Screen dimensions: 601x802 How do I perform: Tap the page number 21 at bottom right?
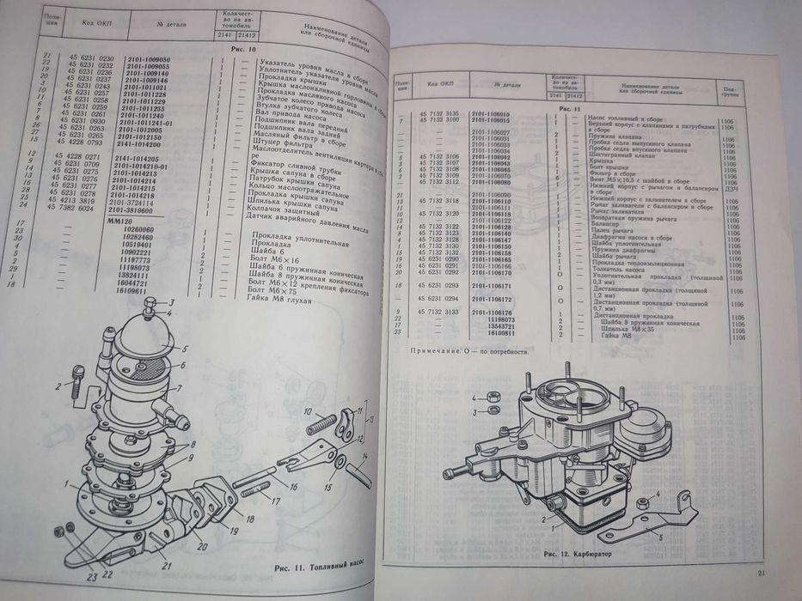pyautogui.click(x=761, y=574)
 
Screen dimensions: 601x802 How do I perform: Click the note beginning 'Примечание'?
pyautogui.click(x=468, y=352)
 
